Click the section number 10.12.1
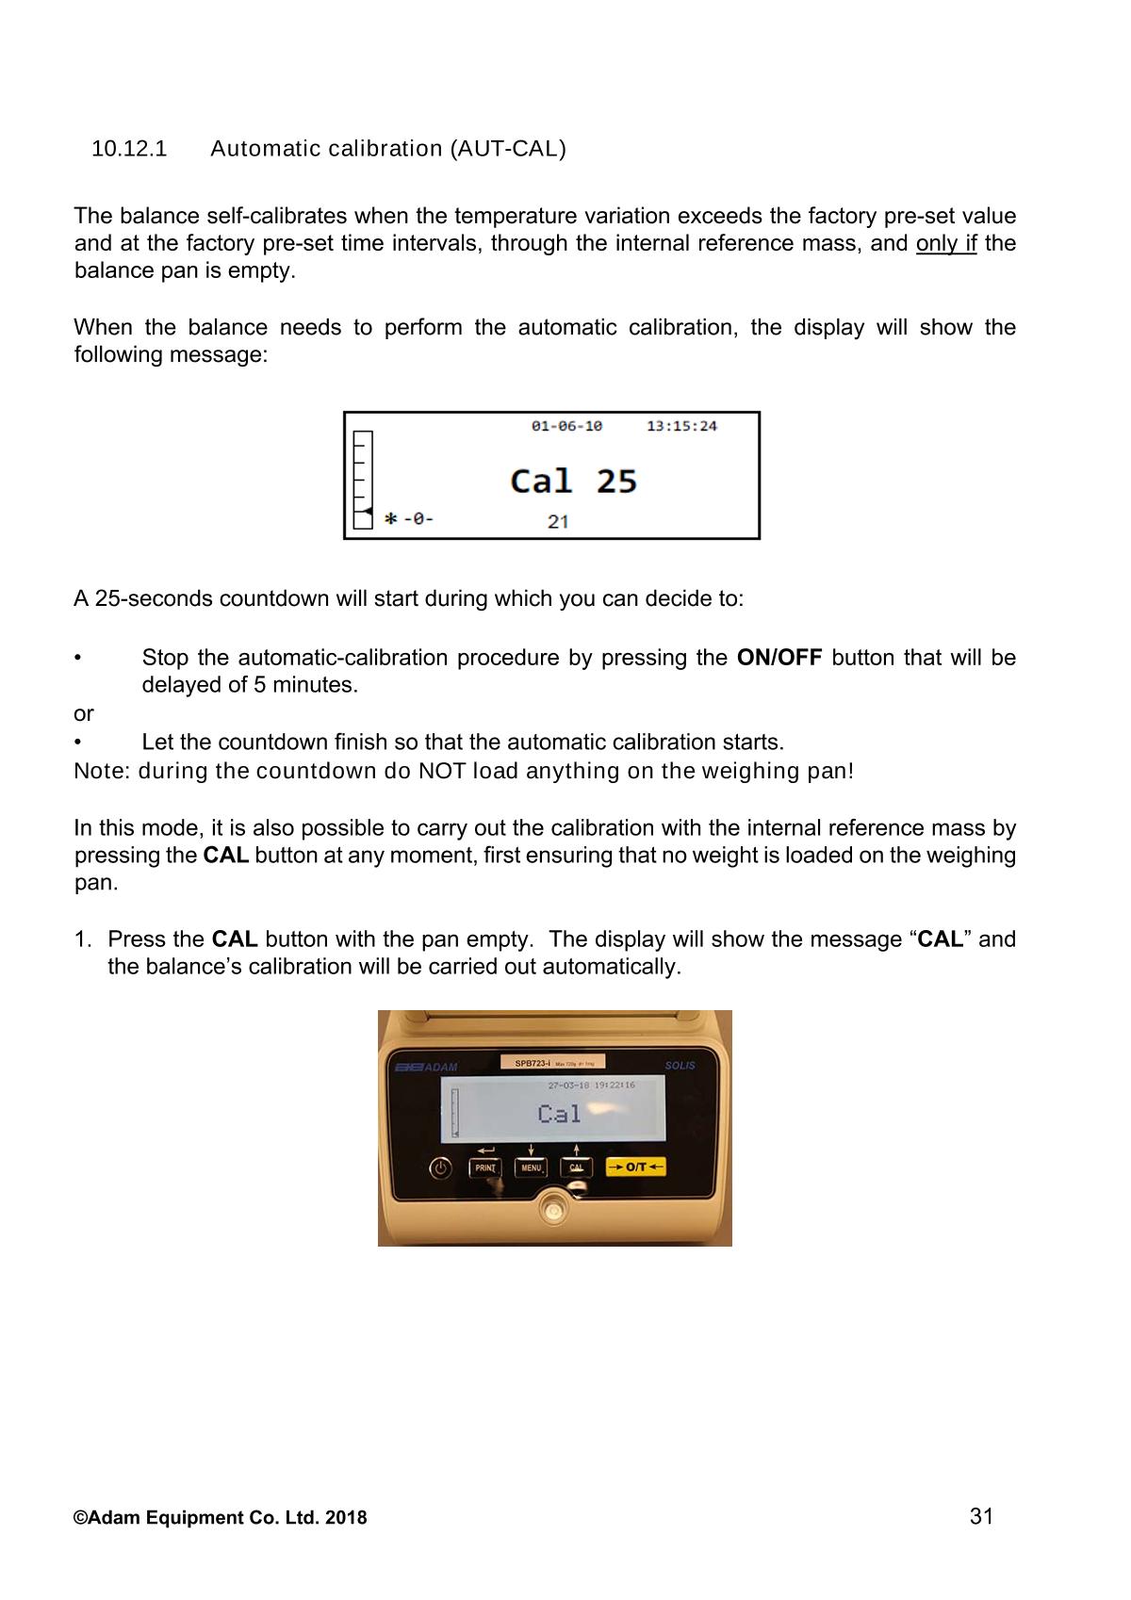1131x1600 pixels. click(x=128, y=149)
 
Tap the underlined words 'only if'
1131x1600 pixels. click(x=945, y=244)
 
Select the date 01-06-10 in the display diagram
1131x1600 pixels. click(x=566, y=427)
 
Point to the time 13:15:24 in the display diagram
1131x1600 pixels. click(x=681, y=427)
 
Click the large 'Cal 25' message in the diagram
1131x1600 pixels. click(x=573, y=482)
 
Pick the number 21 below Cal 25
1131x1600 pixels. click(x=558, y=521)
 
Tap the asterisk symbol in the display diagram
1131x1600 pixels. click(x=390, y=518)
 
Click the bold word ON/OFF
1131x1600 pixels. click(x=779, y=658)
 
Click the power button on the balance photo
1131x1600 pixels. click(x=441, y=1168)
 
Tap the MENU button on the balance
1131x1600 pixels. click(x=531, y=1168)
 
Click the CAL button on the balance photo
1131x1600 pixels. click(x=576, y=1168)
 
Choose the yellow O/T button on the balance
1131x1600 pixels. click(x=636, y=1167)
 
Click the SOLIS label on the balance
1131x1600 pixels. click(x=680, y=1066)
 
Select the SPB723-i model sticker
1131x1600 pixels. click(x=552, y=1063)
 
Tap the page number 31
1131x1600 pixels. click(x=981, y=1516)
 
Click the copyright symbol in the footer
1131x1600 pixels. click(x=80, y=1518)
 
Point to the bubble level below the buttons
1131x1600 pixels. click(x=552, y=1208)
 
